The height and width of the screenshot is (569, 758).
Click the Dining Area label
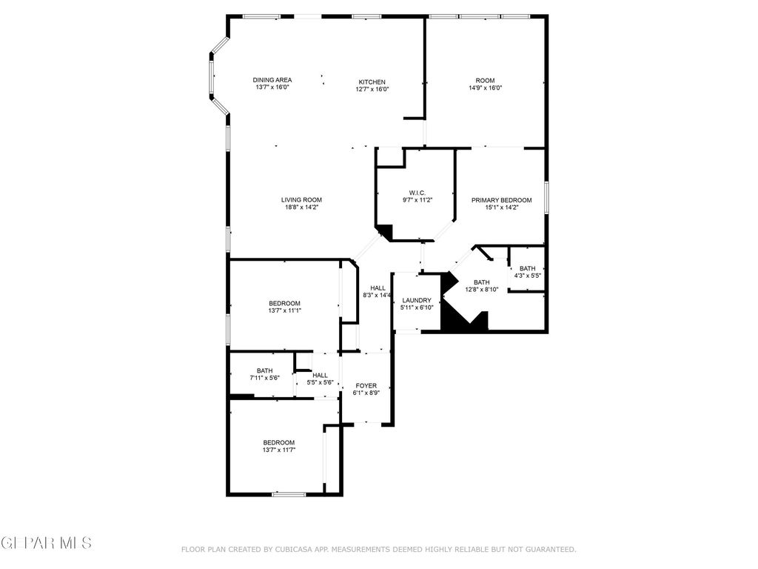click(x=272, y=80)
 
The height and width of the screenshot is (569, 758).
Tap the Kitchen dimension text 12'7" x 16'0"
click(x=372, y=89)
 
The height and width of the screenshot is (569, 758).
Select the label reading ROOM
click(x=485, y=80)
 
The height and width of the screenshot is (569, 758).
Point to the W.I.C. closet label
click(x=417, y=193)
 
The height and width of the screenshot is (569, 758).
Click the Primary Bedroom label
click(x=502, y=200)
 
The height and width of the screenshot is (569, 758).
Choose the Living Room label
click(x=301, y=199)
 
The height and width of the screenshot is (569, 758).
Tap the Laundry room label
click(x=416, y=300)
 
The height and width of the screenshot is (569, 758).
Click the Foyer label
click(x=366, y=385)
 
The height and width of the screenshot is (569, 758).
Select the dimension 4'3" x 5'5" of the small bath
click(x=527, y=276)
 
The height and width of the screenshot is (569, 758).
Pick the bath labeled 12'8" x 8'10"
click(x=481, y=282)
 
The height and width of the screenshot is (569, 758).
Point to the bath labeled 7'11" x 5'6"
click(x=264, y=370)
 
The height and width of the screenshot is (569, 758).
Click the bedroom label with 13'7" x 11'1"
click(x=284, y=303)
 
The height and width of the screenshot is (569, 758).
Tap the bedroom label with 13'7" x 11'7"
click(x=278, y=442)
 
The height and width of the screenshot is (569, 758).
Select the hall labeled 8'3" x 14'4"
click(x=378, y=288)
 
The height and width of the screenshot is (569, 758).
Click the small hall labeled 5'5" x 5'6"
click(x=320, y=376)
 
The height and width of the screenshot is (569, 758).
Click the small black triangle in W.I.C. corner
click(x=384, y=230)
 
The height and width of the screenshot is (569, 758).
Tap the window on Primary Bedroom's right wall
click(x=546, y=199)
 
